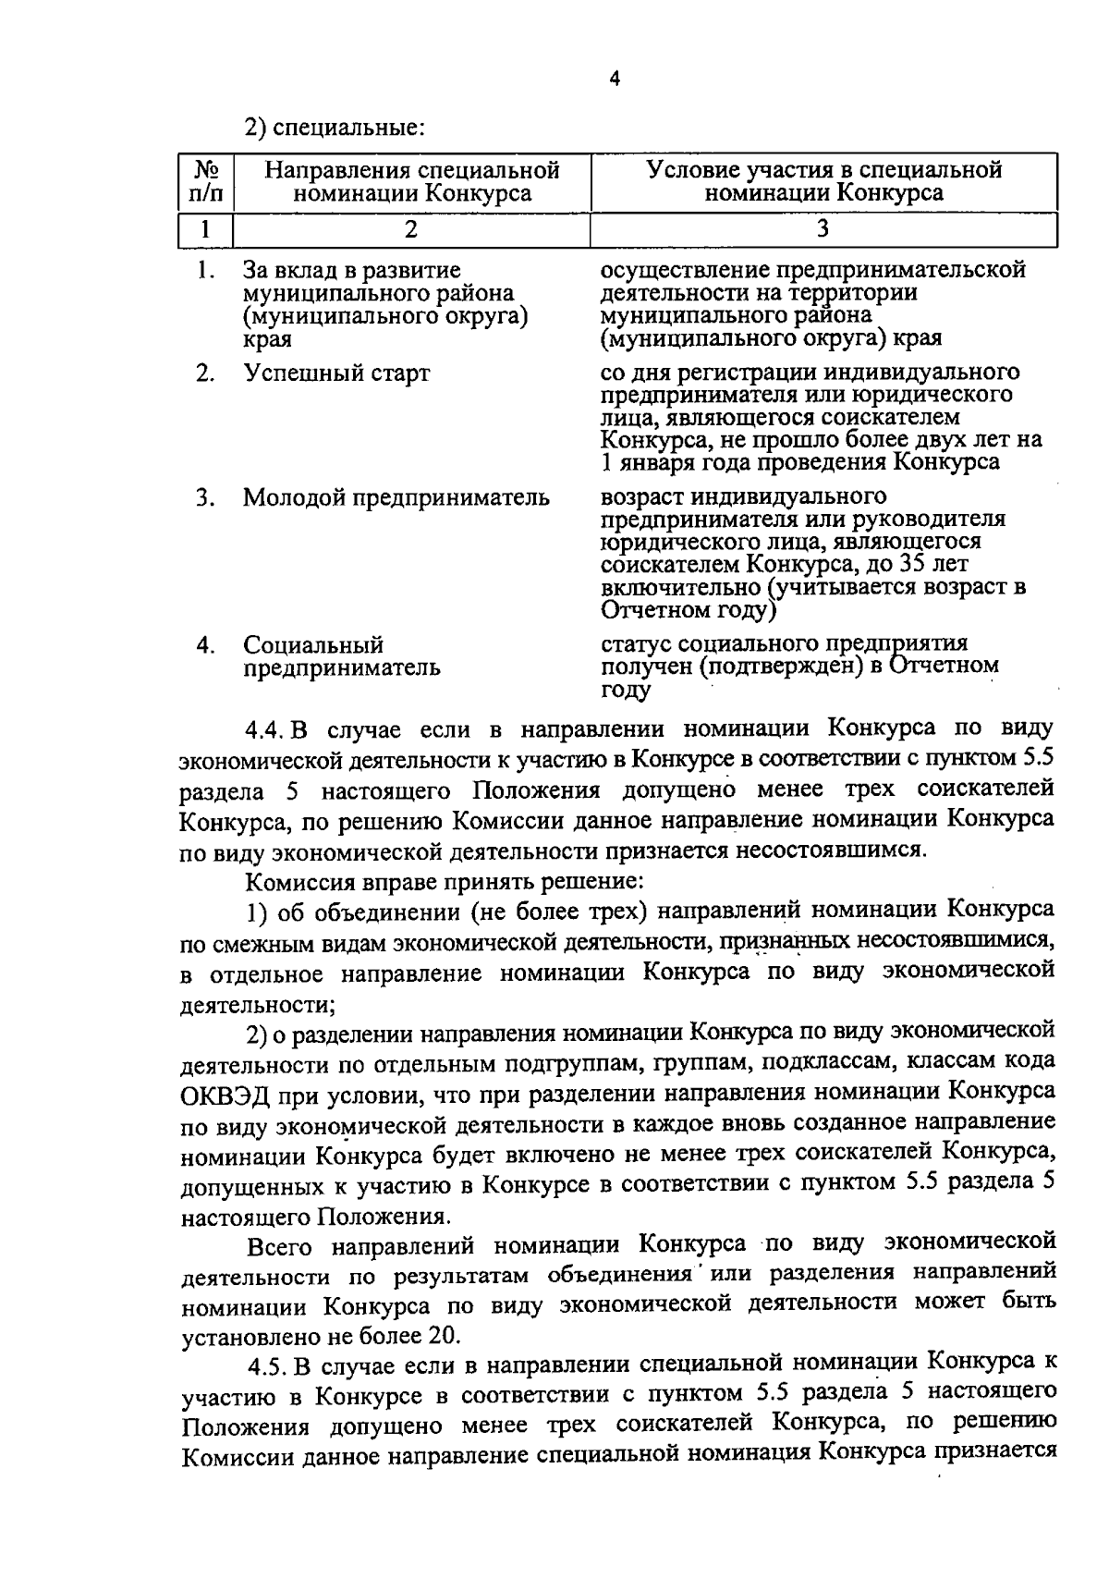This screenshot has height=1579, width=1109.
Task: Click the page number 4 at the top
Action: [616, 80]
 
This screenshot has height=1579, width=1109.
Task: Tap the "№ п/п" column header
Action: [205, 181]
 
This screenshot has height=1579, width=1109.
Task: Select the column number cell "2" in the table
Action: [411, 228]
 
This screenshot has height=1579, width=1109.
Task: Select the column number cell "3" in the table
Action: [823, 228]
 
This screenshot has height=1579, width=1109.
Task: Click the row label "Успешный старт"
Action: [336, 373]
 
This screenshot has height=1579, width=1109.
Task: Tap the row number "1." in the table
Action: [205, 271]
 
